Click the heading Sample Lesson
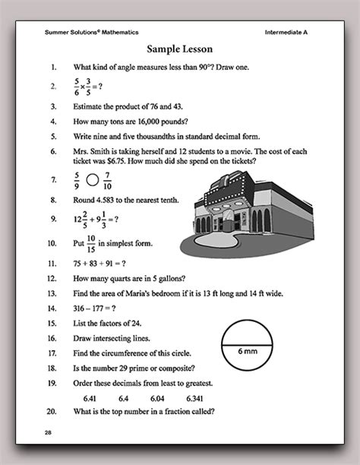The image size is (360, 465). [179, 49]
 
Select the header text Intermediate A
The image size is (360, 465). [291, 32]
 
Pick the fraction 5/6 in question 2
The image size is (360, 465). [76, 86]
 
